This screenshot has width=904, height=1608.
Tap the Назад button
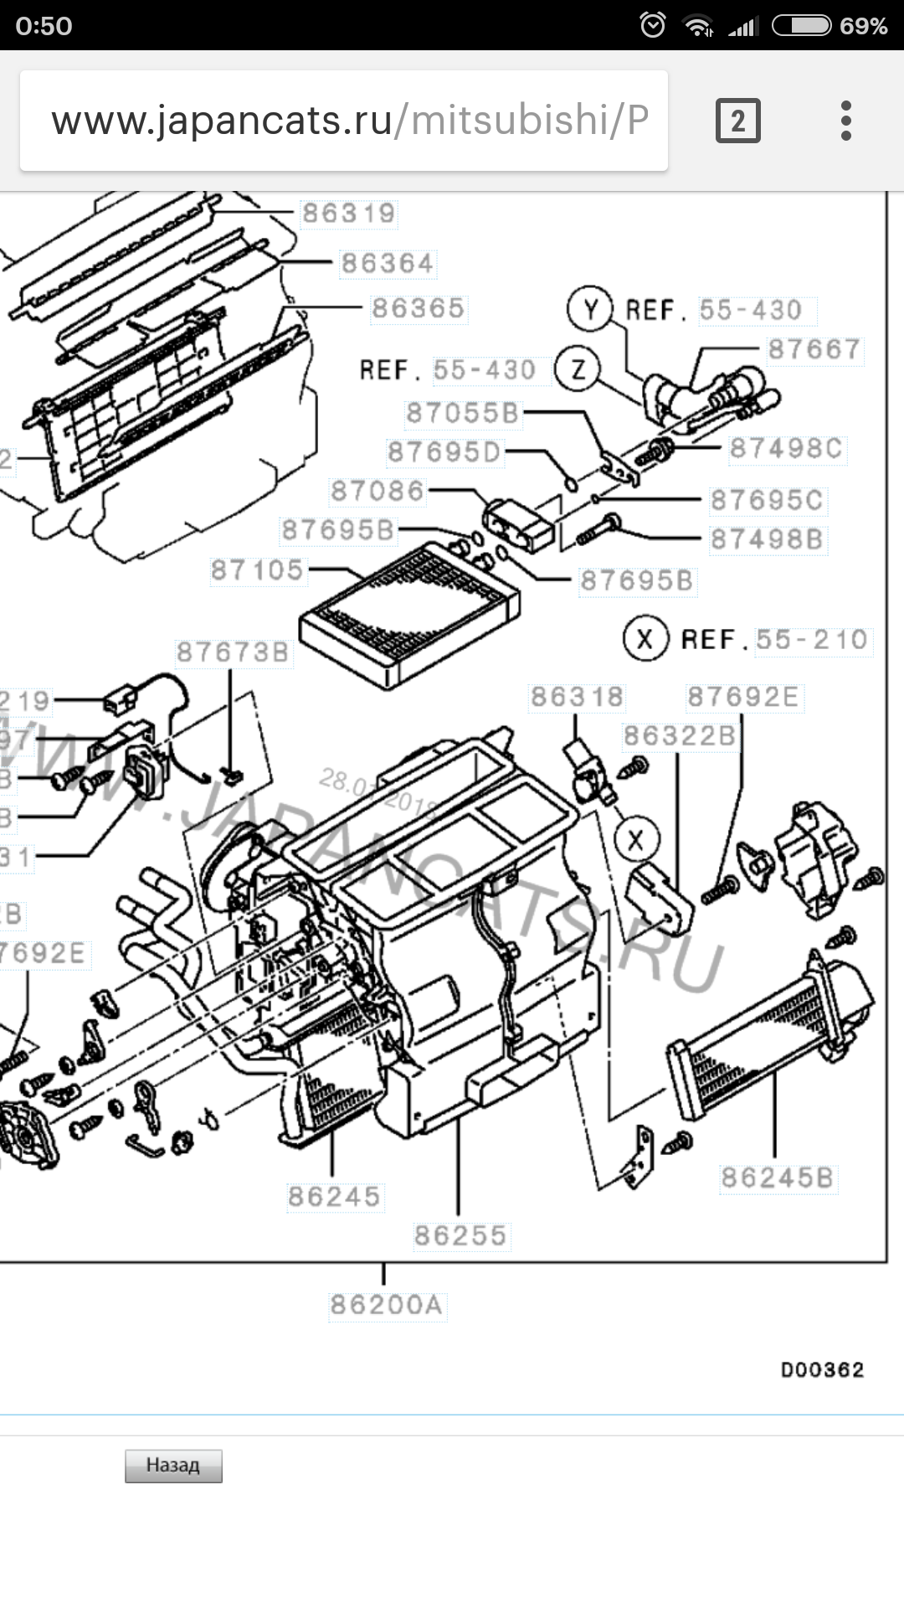(173, 1466)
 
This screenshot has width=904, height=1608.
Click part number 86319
(348, 214)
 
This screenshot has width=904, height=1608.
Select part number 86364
(388, 264)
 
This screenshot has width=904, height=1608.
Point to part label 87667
(814, 349)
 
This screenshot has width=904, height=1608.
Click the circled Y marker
(591, 310)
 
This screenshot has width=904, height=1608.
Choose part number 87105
(257, 570)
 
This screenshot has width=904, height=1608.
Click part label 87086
(378, 491)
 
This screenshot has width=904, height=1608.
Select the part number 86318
(577, 697)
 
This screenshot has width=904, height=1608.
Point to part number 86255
(460, 1235)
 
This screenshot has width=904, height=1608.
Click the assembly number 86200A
(387, 1305)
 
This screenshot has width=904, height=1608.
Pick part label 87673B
(233, 652)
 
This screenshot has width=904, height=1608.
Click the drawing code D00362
(822, 1370)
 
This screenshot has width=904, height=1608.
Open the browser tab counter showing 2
(737, 121)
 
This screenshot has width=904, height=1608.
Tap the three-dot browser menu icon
(846, 121)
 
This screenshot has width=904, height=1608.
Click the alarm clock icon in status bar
(653, 25)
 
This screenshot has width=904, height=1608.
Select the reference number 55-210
(812, 640)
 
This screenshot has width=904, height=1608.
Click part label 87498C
(786, 449)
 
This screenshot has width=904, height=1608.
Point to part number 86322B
(680, 736)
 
